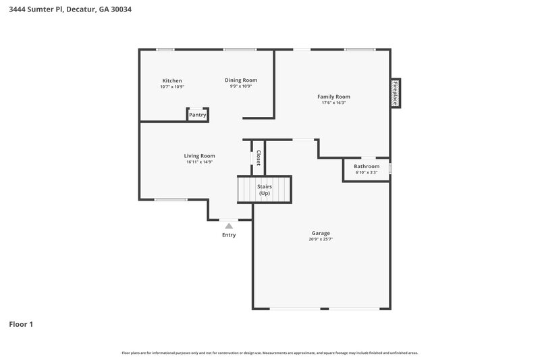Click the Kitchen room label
(172, 80)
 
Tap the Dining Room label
(241, 80)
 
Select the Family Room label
(333, 97)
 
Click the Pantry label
(197, 115)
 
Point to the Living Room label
(200, 155)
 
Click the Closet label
(258, 157)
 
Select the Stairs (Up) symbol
(264, 190)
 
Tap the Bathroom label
(367, 166)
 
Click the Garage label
(321, 233)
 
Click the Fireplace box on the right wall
(396, 93)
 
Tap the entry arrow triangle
(229, 226)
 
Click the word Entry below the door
(229, 235)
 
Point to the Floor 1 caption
(21, 324)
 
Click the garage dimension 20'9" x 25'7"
(321, 239)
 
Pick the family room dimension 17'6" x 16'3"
(333, 103)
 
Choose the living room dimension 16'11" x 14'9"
(200, 161)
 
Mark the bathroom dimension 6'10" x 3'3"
(367, 172)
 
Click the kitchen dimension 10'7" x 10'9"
(172, 86)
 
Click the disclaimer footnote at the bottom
(270, 353)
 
